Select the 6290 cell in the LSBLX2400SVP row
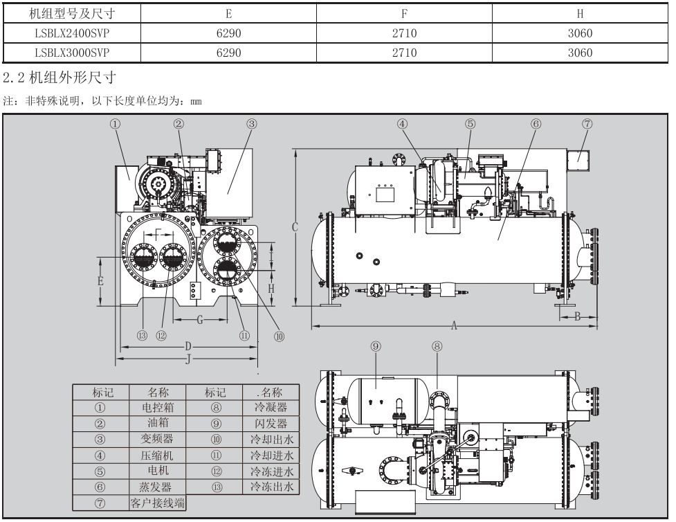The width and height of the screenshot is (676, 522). pos(228,33)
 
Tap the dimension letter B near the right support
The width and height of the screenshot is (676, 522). pos(576,316)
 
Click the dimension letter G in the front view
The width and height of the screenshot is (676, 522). pos(200,320)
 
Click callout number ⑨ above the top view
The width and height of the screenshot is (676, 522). pos(376,346)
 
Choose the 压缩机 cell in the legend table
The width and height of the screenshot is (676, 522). pos(158,456)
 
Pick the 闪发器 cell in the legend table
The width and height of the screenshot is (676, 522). pos(271,423)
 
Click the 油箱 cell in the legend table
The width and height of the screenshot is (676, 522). pos(158,423)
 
